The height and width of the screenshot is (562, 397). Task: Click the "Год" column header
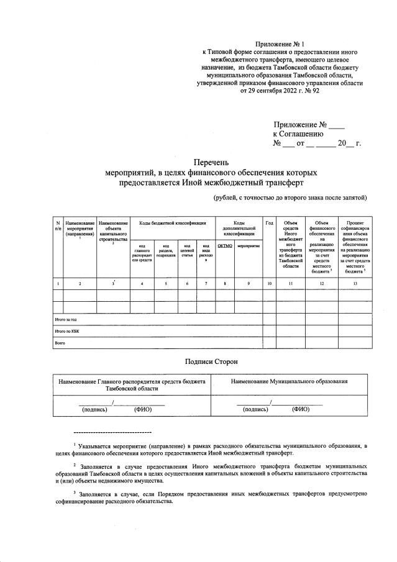pyautogui.click(x=269, y=223)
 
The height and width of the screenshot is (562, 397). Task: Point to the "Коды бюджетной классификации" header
pyautogui.click(x=172, y=223)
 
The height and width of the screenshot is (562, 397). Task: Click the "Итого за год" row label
pyautogui.click(x=65, y=320)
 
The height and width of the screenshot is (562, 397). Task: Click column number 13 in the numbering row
pyautogui.click(x=355, y=284)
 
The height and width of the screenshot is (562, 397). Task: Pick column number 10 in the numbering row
pyautogui.click(x=269, y=284)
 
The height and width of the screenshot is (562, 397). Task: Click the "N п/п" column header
pyautogui.click(x=58, y=226)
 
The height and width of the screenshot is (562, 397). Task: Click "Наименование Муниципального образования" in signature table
pyautogui.click(x=289, y=381)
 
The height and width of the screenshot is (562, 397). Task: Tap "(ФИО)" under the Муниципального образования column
pyautogui.click(x=301, y=410)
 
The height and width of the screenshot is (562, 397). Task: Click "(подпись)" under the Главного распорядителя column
pyautogui.click(x=95, y=410)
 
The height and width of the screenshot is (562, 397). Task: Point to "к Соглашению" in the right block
pyautogui.click(x=298, y=133)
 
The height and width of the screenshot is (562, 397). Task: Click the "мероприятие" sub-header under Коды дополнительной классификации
pyautogui.click(x=248, y=245)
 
